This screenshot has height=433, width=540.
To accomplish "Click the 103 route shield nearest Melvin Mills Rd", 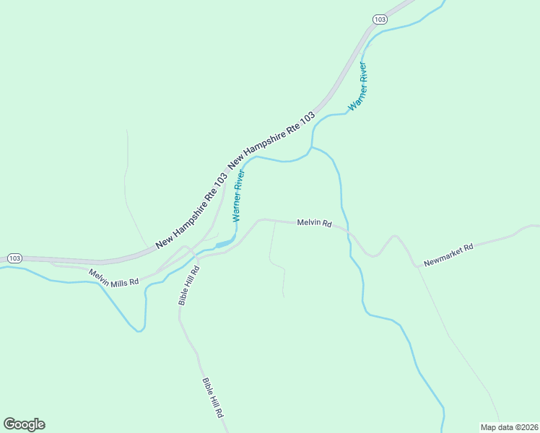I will click(14, 258).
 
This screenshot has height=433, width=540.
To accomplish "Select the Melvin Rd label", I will click(314, 224).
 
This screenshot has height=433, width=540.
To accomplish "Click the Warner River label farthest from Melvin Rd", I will click(358, 86).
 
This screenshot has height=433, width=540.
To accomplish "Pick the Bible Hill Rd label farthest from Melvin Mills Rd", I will click(213, 399).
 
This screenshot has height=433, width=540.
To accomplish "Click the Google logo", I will click(25, 424).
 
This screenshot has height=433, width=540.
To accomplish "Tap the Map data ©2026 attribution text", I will click(510, 427).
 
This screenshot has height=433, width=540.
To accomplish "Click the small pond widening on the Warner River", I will click(225, 243).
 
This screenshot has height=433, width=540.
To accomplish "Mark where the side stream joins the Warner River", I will click(311, 148).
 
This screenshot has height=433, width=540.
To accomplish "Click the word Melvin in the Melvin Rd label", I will click(308, 223).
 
